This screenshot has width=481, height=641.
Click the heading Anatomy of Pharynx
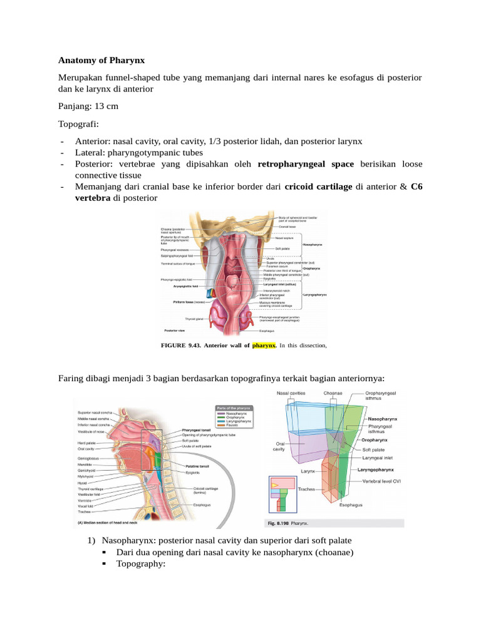coord(101,61)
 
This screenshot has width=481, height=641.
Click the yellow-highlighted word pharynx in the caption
coord(264,345)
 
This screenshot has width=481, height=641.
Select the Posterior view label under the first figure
coord(173,330)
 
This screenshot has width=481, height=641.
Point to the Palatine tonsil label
coord(197,466)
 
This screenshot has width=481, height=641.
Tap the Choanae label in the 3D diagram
coord(333,394)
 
